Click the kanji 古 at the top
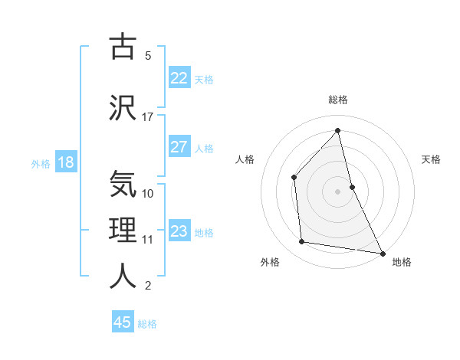click(123, 47)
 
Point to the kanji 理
click(123, 230)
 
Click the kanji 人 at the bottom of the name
click(123, 276)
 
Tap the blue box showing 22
click(179, 78)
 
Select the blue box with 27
click(179, 147)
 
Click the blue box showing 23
click(179, 231)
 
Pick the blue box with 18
click(65, 162)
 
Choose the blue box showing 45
click(123, 322)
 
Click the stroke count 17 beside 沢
click(148, 117)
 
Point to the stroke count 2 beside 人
click(148, 286)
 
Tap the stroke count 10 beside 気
click(148, 193)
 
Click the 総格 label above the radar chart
click(337, 100)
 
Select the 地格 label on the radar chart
click(402, 262)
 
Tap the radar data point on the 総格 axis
click(337, 130)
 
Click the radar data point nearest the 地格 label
click(382, 253)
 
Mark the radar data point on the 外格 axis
click(302, 242)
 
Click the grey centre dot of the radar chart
click(337, 191)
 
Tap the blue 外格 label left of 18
click(41, 163)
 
